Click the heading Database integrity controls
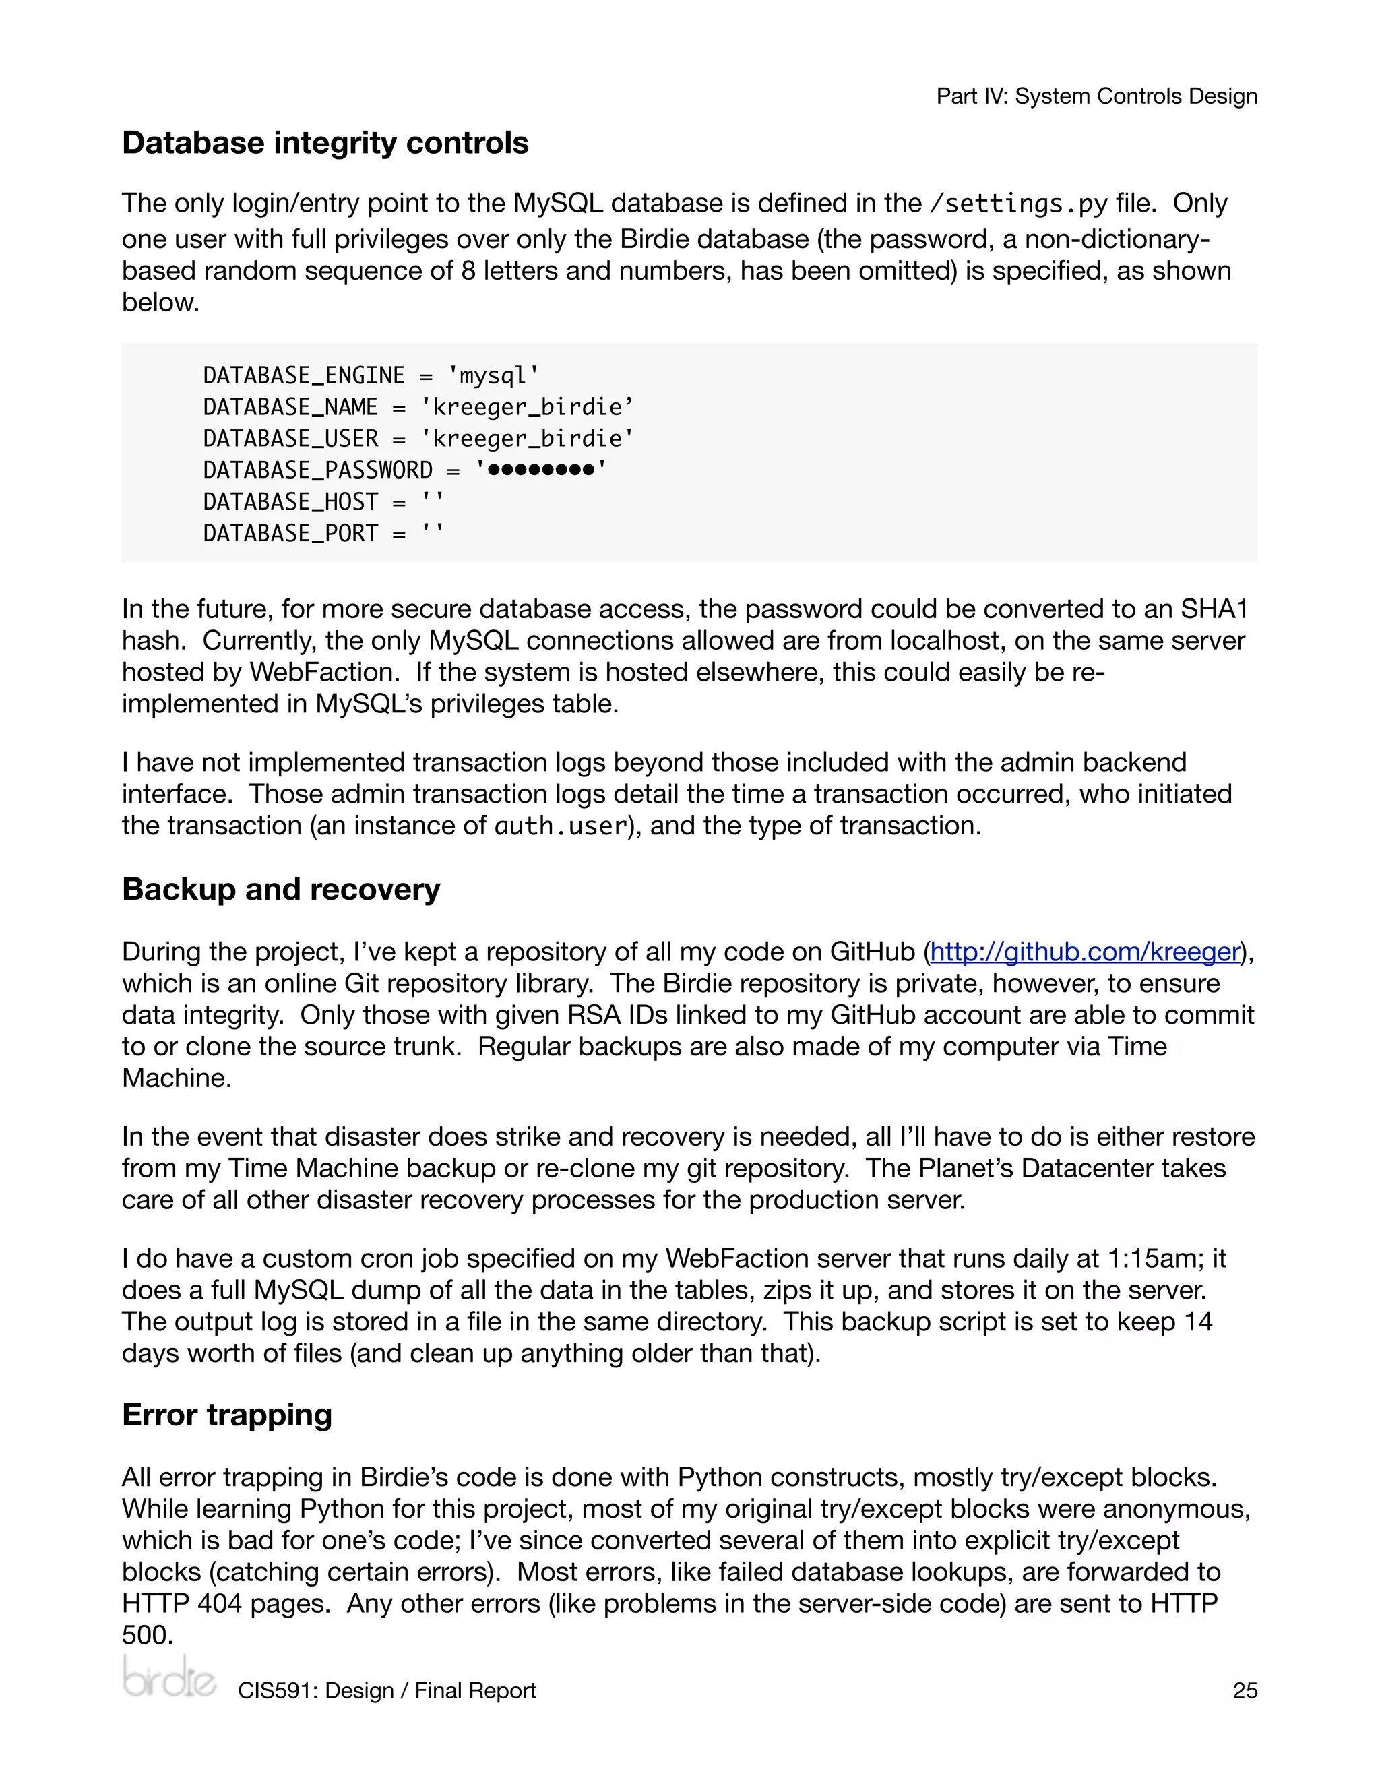coord(325,143)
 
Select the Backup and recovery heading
coord(280,889)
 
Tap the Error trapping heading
coord(226,1415)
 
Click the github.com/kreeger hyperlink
coord(1085,952)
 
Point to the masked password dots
coord(540,470)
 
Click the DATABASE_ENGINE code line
coord(371,375)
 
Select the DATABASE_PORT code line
coord(323,533)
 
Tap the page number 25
coord(1245,1690)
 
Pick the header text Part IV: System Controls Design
coord(1096,96)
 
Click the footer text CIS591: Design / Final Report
coord(387,1690)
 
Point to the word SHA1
coord(1214,609)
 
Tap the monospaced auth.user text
coord(560,826)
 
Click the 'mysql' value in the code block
coord(493,375)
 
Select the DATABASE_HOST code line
coord(323,501)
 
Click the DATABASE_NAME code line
coord(418,407)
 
